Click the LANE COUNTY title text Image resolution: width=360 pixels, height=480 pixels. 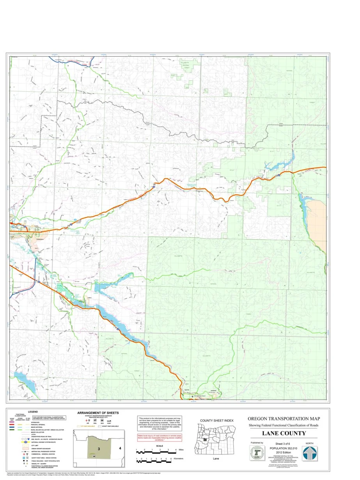click(x=284, y=433)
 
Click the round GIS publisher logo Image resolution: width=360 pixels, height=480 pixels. click(x=257, y=453)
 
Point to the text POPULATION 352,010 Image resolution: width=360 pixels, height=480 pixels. click(x=284, y=448)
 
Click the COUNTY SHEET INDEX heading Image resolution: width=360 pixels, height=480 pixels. click(x=216, y=420)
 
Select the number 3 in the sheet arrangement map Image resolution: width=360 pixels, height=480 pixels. click(x=99, y=449)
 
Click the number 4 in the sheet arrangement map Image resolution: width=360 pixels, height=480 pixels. click(x=120, y=448)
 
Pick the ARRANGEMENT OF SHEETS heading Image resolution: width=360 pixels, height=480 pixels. click(x=98, y=412)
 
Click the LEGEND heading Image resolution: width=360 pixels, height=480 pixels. click(x=33, y=412)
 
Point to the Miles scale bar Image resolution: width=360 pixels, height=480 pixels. click(x=157, y=451)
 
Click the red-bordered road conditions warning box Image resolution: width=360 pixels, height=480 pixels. click(x=157, y=437)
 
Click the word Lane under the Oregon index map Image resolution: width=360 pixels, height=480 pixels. click(x=216, y=459)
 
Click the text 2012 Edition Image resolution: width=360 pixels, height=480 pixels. click(x=284, y=452)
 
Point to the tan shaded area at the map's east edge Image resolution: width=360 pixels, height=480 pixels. click(x=318, y=219)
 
